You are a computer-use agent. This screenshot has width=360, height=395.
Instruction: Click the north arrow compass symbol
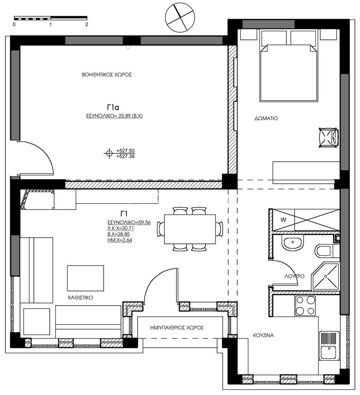(180, 18)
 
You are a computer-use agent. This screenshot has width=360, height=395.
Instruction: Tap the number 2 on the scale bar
(87, 24)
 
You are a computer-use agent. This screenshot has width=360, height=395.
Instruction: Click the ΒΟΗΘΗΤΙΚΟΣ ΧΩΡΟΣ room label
(107, 75)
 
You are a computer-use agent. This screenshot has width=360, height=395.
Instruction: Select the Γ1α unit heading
(113, 108)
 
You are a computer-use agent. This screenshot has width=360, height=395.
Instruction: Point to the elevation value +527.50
(125, 151)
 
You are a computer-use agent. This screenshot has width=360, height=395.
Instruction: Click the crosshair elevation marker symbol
(109, 153)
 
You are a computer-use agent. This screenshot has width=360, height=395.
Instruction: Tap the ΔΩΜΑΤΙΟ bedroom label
(266, 118)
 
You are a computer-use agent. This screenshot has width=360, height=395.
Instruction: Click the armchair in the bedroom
(328, 138)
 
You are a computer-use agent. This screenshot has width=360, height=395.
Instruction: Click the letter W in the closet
(284, 220)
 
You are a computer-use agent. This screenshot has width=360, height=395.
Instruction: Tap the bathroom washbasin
(292, 243)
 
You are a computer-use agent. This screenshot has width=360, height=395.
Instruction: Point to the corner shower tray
(326, 276)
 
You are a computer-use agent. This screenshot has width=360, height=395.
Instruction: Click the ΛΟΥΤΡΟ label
(294, 276)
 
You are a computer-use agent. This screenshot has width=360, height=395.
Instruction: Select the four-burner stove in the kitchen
(306, 306)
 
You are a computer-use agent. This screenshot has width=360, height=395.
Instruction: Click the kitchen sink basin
(328, 353)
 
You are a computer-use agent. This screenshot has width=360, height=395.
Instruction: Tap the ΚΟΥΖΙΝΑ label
(263, 335)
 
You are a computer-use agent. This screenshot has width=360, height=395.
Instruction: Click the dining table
(190, 229)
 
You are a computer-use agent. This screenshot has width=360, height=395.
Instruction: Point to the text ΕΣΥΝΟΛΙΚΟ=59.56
(129, 222)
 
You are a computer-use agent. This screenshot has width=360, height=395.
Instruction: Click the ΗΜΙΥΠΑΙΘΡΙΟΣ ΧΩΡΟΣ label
(177, 328)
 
